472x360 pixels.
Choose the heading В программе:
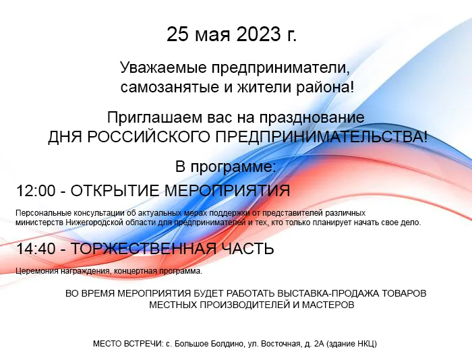click(x=226, y=166)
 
